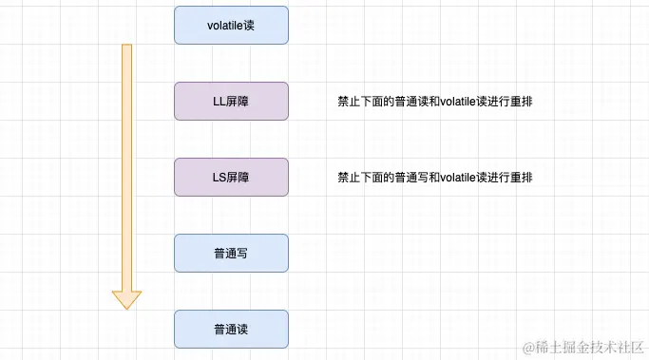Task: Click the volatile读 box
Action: tap(231, 26)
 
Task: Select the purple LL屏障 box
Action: tap(231, 101)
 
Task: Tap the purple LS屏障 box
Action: tap(231, 177)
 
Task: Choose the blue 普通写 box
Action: tap(231, 253)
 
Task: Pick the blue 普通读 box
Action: tap(231, 329)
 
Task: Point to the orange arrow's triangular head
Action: tap(126, 296)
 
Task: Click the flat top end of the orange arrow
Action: tap(126, 46)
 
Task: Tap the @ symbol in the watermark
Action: tap(518, 343)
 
